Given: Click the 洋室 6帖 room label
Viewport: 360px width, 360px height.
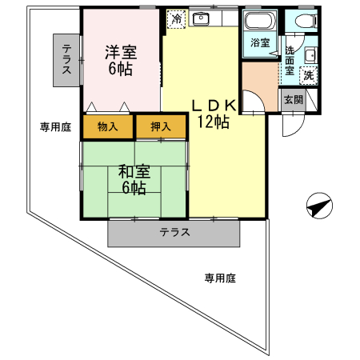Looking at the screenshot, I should [x=122, y=61].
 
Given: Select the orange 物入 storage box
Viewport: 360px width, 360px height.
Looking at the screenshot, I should [x=107, y=126].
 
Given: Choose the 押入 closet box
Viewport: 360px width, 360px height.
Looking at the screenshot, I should [x=160, y=126].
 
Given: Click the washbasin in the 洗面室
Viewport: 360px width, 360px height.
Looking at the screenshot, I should [x=310, y=55].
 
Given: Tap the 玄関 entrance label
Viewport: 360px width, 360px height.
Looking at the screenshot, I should [x=292, y=99].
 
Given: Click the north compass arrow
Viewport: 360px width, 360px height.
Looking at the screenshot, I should [x=319, y=207].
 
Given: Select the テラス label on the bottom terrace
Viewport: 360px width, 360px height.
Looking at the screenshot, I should [x=174, y=234].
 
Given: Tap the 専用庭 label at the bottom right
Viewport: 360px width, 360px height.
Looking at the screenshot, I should [x=219, y=278].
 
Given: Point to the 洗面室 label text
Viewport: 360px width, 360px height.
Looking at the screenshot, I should [x=290, y=61].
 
